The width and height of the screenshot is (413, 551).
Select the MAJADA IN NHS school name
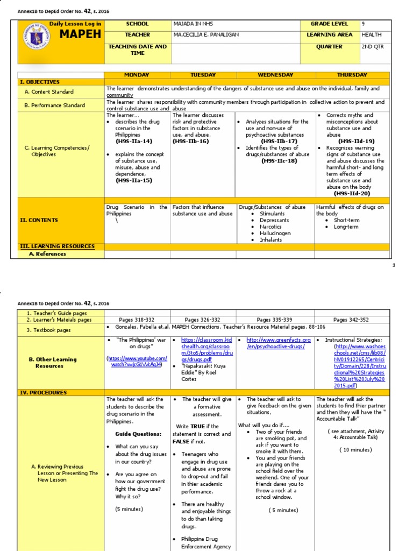click(191, 24)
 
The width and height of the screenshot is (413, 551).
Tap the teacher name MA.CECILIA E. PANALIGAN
click(206, 35)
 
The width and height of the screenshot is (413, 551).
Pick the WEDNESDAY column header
click(275, 75)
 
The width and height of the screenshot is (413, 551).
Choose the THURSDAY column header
click(352, 75)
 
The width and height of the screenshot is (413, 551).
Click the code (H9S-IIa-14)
click(134, 142)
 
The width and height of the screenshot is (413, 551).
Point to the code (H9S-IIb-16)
click(190, 142)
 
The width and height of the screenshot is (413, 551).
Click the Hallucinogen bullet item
click(275, 234)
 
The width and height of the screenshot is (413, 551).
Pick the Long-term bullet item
click(346, 227)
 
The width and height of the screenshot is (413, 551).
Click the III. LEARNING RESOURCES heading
click(57, 246)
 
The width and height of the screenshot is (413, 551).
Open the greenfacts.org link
click(279, 343)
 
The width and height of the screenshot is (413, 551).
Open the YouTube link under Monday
click(137, 361)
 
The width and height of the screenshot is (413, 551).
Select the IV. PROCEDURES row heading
click(43, 393)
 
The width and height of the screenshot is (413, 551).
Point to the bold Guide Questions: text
click(138, 434)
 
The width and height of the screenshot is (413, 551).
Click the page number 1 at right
click(394, 265)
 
